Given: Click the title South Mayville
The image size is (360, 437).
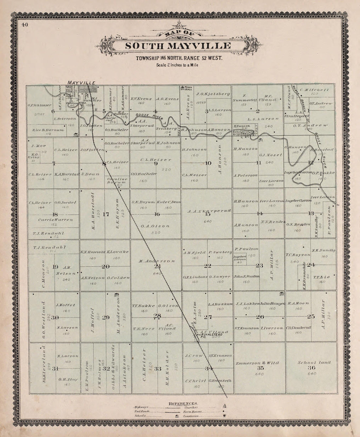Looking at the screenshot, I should point(178,46).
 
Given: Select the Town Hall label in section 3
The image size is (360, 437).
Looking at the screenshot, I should point(188,88).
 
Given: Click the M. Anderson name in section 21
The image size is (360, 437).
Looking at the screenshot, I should point(156,261).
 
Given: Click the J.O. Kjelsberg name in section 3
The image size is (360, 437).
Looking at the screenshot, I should point(208,94).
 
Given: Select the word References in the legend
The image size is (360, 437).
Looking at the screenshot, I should point(182,403).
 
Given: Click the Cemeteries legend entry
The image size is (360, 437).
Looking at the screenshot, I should point(191,416).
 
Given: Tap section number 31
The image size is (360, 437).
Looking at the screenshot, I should point(55,369).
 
